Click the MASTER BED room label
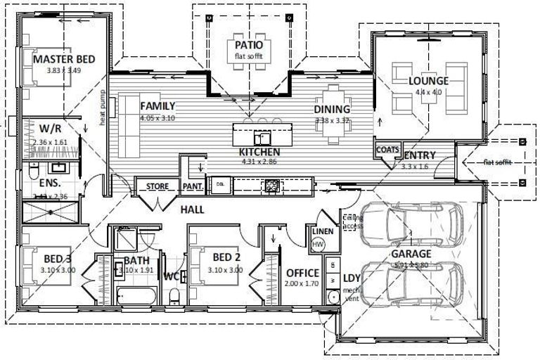click(x=64, y=60)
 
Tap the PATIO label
click(x=249, y=45)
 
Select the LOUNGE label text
click(x=428, y=81)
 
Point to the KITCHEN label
click(x=259, y=152)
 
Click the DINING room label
click(x=332, y=110)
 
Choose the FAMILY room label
click(x=157, y=106)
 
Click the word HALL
click(x=192, y=210)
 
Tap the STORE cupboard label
click(x=157, y=187)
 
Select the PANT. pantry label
click(x=193, y=187)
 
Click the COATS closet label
click(x=388, y=150)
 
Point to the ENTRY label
click(x=420, y=155)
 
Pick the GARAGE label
click(x=410, y=254)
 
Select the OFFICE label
click(x=303, y=273)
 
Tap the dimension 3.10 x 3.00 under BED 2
click(x=226, y=270)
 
